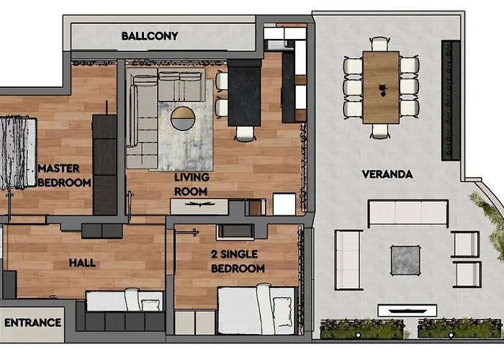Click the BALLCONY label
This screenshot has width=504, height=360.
[x=150, y=35]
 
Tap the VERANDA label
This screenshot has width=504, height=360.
[x=387, y=174]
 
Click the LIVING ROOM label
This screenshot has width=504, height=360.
[x=191, y=184]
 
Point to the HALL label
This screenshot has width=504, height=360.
[x=81, y=263]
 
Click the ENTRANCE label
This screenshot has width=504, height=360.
[x=32, y=323]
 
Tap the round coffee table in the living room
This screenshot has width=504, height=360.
[x=182, y=117]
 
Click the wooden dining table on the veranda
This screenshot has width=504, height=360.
[x=381, y=86]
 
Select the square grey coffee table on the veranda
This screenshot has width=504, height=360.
[x=405, y=260]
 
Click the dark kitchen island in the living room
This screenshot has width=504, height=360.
[x=243, y=94]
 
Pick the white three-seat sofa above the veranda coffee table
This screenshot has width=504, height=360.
[x=408, y=213]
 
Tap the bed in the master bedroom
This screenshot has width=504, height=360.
[x=16, y=153]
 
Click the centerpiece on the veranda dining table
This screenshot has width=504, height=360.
[x=381, y=89]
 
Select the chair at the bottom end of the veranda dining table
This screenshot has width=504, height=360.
[x=381, y=131]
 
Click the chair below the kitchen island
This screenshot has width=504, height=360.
[x=244, y=133]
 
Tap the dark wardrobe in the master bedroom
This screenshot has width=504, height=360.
[x=104, y=164]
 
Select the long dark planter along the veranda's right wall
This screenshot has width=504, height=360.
[x=451, y=101]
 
